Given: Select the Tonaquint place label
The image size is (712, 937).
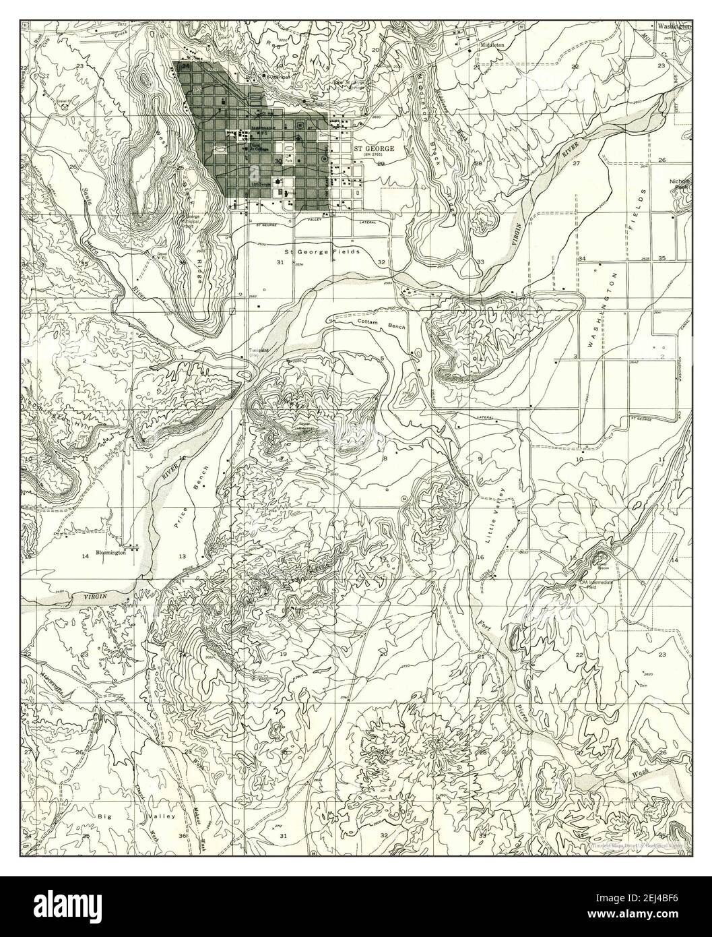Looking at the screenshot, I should pyautogui.click(x=258, y=351).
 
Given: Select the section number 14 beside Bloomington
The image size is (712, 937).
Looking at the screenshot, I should pyautogui.click(x=85, y=555).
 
